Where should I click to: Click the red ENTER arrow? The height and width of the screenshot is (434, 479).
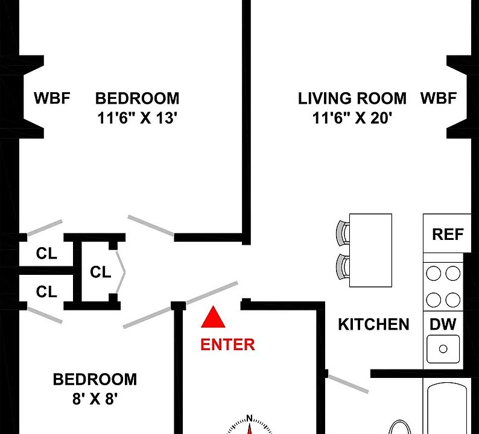tap(213, 318)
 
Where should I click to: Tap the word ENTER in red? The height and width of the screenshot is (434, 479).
tap(227, 345)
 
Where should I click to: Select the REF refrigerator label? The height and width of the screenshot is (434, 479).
tap(447, 234)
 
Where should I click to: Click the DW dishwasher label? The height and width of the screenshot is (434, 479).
tap(443, 324)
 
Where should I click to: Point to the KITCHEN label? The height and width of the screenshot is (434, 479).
tap(373, 324)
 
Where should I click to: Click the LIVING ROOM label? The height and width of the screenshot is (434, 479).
tap(352, 98)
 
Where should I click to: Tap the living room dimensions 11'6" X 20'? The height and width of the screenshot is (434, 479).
tap(352, 119)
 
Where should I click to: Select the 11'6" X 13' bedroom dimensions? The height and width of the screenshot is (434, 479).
tap(137, 119)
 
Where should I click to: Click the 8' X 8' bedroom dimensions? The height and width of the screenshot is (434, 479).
tap(95, 399)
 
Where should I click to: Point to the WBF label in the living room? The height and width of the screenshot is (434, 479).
tap(438, 98)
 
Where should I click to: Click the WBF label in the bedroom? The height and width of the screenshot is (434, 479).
tap(52, 98)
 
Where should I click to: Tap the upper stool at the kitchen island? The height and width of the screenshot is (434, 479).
tap(343, 233)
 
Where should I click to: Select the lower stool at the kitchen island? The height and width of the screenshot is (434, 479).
tap(343, 266)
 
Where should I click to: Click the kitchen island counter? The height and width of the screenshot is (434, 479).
tap(370, 250)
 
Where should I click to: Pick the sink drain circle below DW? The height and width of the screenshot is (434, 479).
tap(443, 348)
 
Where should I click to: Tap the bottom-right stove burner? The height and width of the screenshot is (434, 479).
tap(452, 299)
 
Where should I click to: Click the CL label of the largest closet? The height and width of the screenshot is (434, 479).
tap(101, 272)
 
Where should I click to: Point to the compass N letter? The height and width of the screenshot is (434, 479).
tap(250, 418)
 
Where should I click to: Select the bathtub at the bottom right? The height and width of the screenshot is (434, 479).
tap(447, 410)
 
